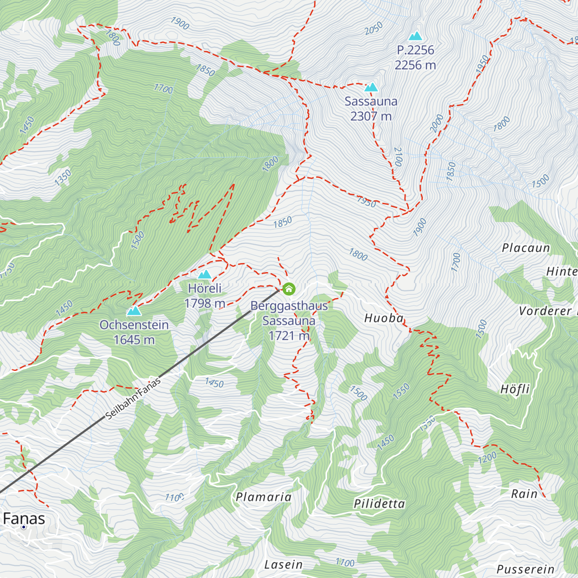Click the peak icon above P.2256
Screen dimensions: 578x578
tap(415, 36)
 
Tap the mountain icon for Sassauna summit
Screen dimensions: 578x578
tap(371, 87)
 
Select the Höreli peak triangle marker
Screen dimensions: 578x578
tap(205, 275)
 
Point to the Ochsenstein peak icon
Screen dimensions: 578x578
tap(134, 311)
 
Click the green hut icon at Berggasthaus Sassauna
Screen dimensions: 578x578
tap(289, 289)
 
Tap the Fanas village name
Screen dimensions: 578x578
tap(24, 519)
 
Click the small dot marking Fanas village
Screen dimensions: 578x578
tap(23, 527)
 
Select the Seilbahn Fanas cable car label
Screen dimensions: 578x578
tap(133, 398)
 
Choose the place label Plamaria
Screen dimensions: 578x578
tap(263, 497)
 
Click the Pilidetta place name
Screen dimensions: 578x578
tap(380, 504)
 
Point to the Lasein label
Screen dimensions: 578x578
tap(284, 565)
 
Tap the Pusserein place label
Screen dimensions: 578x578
tap(525, 569)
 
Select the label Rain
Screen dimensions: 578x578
tap(524, 494)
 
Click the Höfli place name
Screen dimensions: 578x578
tap(515, 389)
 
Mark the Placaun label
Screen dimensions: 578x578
tap(526, 248)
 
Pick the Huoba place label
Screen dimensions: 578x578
tap(384, 318)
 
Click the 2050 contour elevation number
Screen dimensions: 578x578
tap(374, 28)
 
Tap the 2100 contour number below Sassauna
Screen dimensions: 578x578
tap(398, 157)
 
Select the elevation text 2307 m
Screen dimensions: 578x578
tap(371, 116)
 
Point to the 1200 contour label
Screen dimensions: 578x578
tap(487, 458)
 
